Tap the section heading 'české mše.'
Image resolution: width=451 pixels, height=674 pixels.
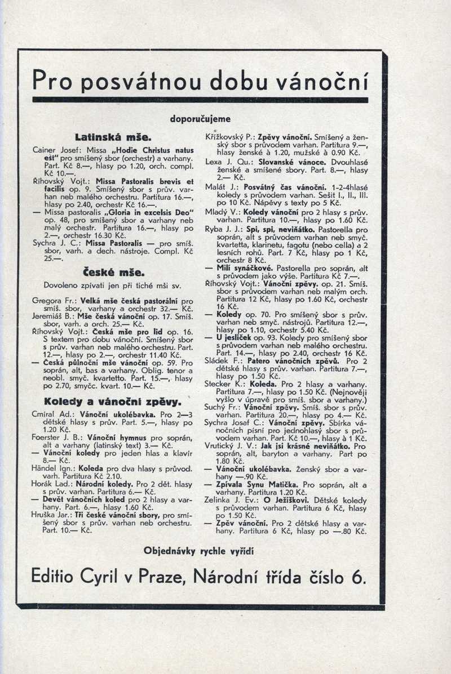click(104, 272)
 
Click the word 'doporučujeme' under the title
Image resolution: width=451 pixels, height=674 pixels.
click(200, 119)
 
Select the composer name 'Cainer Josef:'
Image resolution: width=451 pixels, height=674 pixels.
click(56, 150)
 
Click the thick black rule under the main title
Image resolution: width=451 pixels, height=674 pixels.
click(200, 100)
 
